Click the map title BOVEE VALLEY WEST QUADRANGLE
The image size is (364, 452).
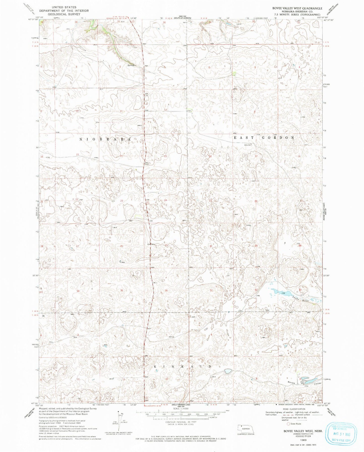(297, 8)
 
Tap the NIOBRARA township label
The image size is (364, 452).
(106, 139)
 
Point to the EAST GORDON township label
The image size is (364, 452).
(264, 137)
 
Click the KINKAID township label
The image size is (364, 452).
(182, 366)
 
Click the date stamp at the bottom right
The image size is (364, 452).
(340, 433)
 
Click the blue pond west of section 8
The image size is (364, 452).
(227, 371)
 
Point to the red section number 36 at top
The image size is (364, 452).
(164, 23)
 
